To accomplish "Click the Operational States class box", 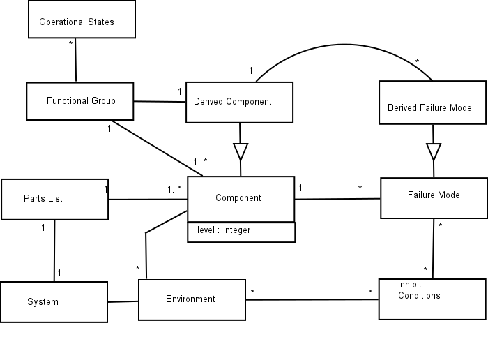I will [81, 21].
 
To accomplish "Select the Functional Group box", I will [79, 101].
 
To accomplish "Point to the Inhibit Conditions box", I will [432, 299].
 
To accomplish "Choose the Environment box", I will [190, 299].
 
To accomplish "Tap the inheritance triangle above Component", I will [241, 151].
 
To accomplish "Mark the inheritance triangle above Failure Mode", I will [434, 151].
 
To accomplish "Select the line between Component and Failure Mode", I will [337, 199].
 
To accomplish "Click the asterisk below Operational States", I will [70, 43].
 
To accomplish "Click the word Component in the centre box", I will [238, 198].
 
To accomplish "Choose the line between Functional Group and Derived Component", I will [159, 103].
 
